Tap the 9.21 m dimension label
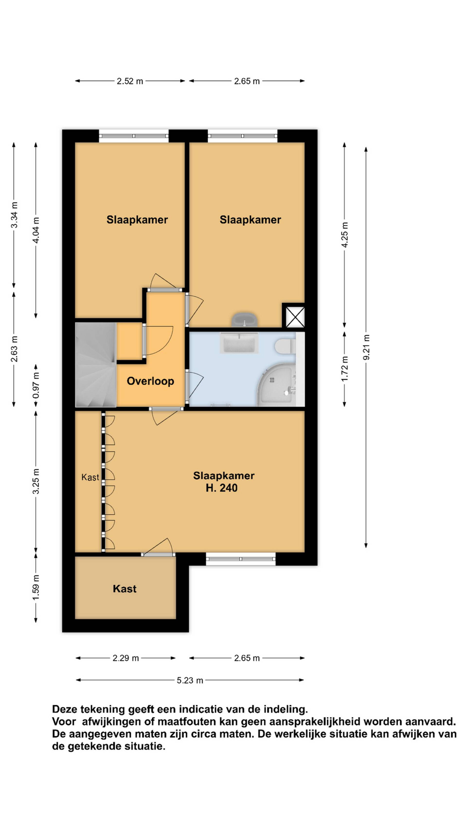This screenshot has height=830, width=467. (366, 347)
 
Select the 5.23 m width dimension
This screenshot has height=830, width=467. (190, 680)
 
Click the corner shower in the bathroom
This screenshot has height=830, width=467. (277, 385)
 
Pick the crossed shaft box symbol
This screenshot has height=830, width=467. (294, 315)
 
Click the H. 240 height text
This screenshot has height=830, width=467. (222, 488)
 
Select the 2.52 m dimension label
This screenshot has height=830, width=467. (130, 81)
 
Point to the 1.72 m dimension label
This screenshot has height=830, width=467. (344, 369)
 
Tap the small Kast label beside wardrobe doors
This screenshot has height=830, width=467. (90, 477)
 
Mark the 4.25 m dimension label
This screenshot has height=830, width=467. (344, 235)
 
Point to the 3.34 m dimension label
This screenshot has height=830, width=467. (14, 215)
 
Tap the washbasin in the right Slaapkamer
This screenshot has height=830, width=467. (245, 320)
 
